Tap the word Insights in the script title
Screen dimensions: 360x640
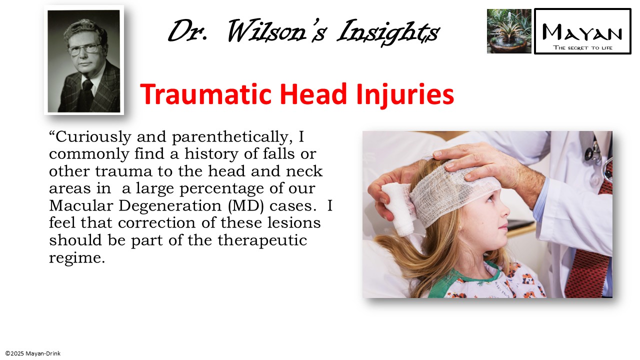pos(388,32)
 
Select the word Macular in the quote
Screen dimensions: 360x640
pos(79,205)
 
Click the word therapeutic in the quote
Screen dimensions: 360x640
pos(262,240)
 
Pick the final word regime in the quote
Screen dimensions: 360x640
pos(76,258)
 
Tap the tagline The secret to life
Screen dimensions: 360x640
pos(582,47)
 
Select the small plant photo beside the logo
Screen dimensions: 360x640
pos(509,31)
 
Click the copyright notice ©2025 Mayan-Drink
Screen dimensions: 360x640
pos(33,353)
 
